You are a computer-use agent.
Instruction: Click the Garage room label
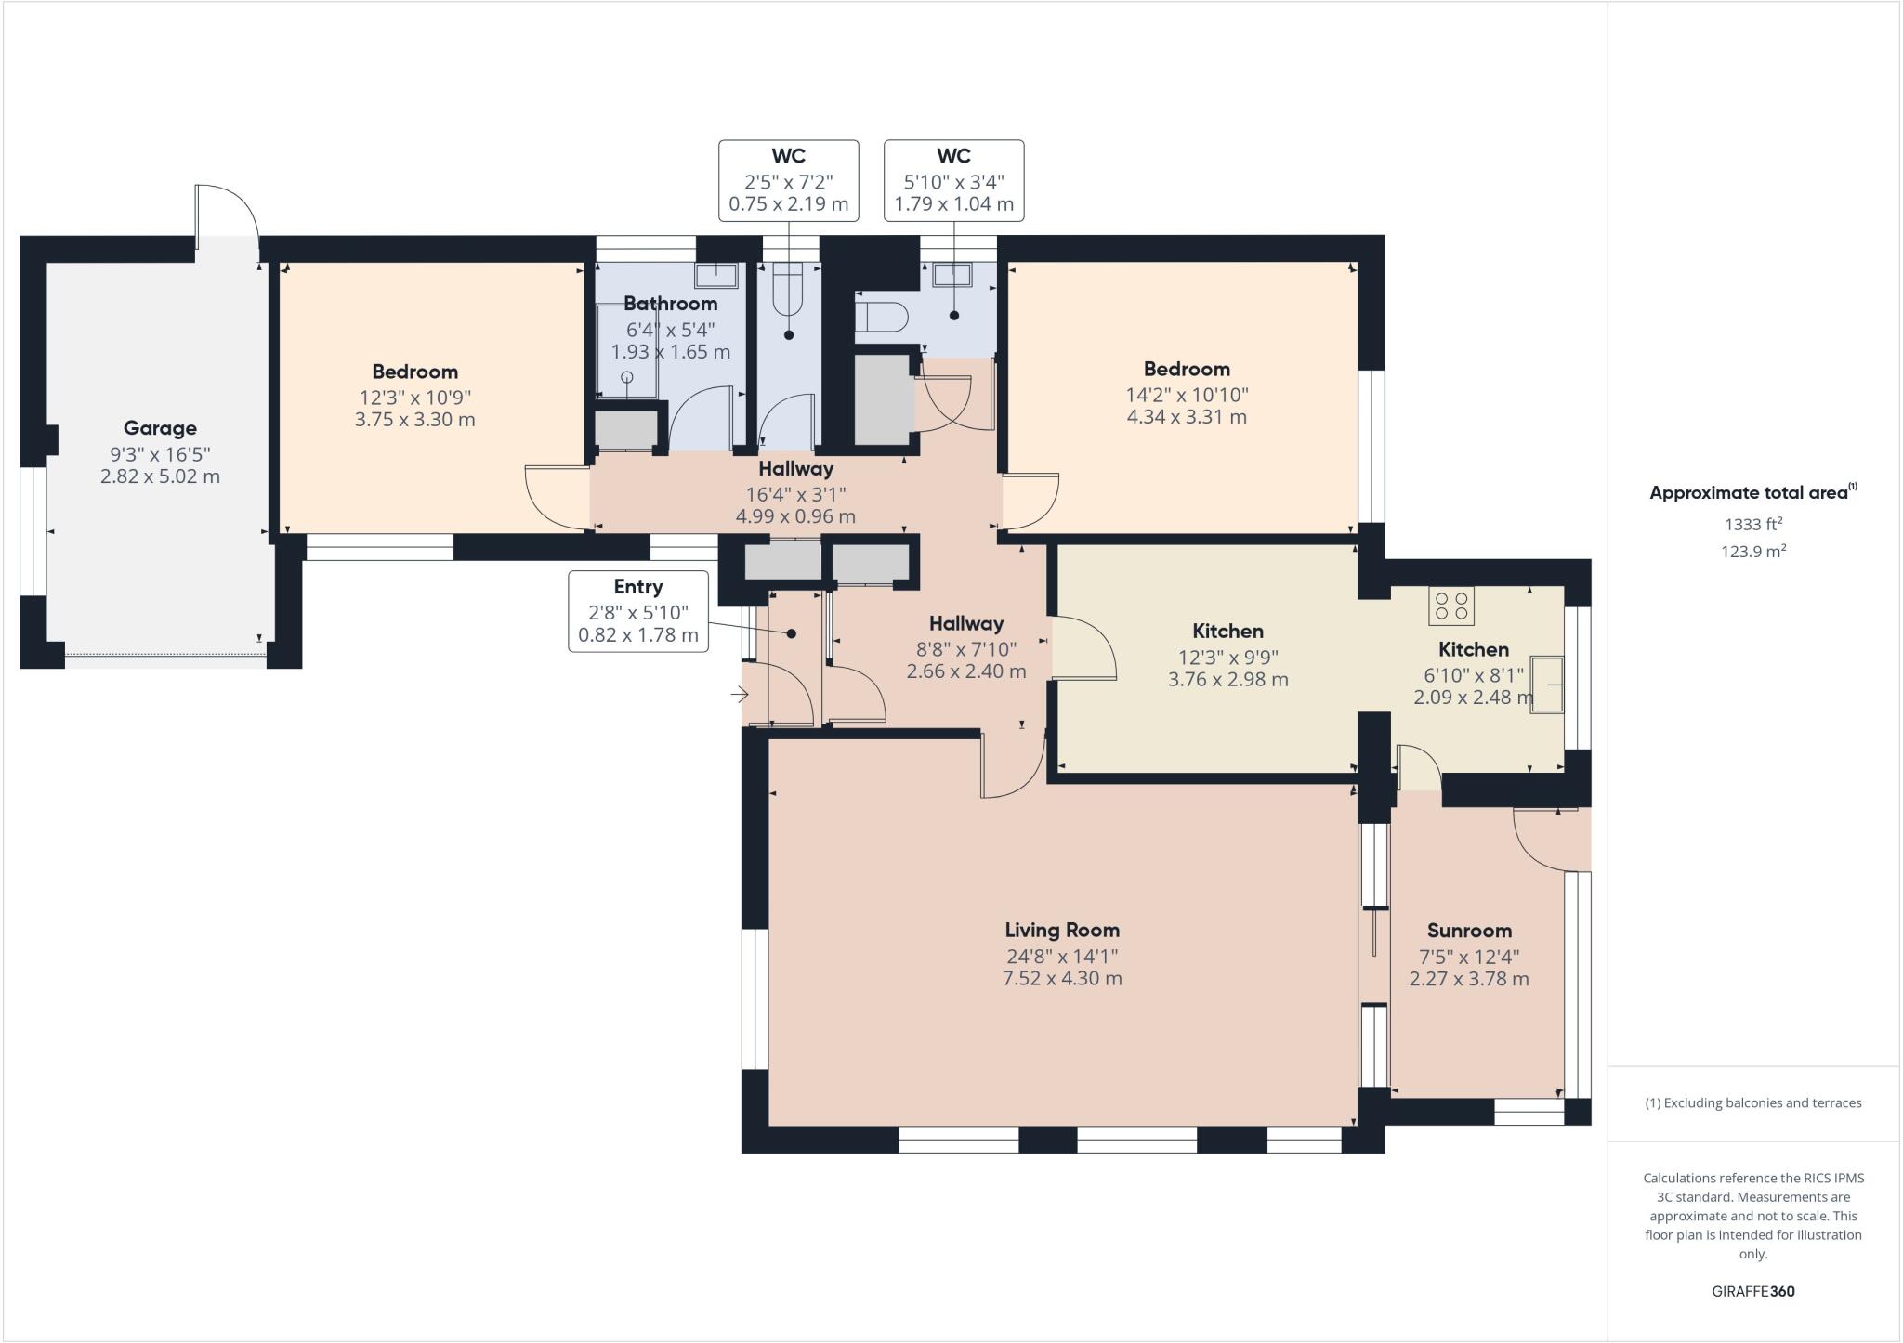pos(160,428)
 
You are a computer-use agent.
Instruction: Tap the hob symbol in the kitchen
pos(1451,606)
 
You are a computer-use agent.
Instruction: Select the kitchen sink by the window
pos(1548,685)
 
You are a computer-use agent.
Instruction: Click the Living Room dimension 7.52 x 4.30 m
pos(1062,978)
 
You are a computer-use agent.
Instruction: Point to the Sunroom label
pos(1469,931)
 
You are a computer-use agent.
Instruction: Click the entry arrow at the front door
pos(741,694)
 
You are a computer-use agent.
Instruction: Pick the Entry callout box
pos(638,611)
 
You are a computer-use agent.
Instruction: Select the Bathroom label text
pos(670,304)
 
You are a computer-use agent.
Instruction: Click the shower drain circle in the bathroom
pos(627,377)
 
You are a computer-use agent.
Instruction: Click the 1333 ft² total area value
pos(1752,524)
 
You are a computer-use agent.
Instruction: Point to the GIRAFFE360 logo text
pos(1752,1291)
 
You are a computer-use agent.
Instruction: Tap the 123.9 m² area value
pos(1752,552)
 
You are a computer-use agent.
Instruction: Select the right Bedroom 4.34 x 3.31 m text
pos(1187,417)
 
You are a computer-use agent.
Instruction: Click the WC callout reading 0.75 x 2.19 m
pos(788,204)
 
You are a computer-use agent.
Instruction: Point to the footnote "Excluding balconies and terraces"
pos(1752,1103)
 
